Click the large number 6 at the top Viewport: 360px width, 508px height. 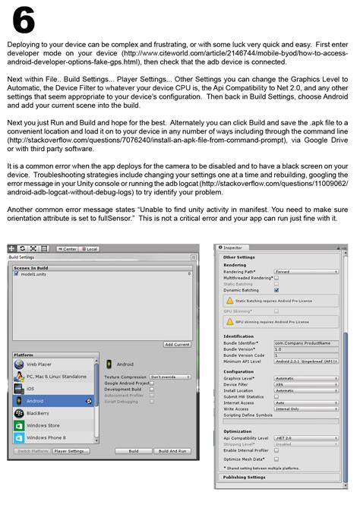(22, 20)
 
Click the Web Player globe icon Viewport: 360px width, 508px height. (19, 364)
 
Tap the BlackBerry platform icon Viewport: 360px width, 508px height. (19, 413)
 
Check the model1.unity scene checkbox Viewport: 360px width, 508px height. (16, 274)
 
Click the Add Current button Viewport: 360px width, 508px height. (177, 344)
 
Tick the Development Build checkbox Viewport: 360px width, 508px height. (152, 389)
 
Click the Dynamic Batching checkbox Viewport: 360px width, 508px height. (276, 290)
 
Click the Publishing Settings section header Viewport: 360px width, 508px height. (245, 477)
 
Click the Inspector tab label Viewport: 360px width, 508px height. (232, 247)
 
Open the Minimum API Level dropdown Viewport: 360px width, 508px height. (307, 363)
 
